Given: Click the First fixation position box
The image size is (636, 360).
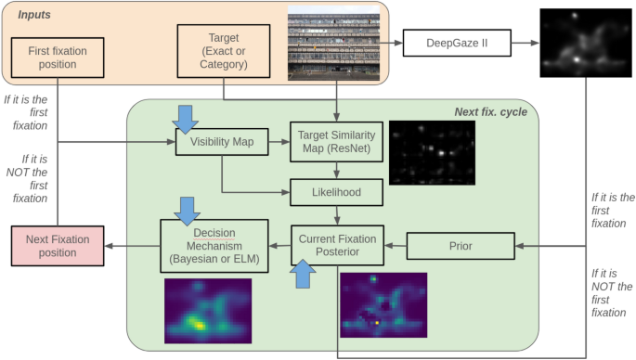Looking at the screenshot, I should pyautogui.click(x=58, y=58).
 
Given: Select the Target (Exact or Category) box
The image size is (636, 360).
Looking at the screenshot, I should pyautogui.click(x=223, y=51).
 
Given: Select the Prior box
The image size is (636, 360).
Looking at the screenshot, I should pyautogui.click(x=461, y=246).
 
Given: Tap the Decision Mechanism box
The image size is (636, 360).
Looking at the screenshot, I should pyautogui.click(x=214, y=245).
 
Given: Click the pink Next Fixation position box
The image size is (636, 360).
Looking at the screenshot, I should pyautogui.click(x=58, y=245).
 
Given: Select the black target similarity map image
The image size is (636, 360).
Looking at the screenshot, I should pyautogui.click(x=432, y=152).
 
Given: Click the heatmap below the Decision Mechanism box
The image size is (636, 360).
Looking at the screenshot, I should pyautogui.click(x=209, y=310).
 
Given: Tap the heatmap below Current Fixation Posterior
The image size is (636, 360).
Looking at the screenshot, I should pyautogui.click(x=383, y=305).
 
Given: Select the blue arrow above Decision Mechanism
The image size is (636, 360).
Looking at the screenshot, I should pyautogui.click(x=189, y=208).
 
